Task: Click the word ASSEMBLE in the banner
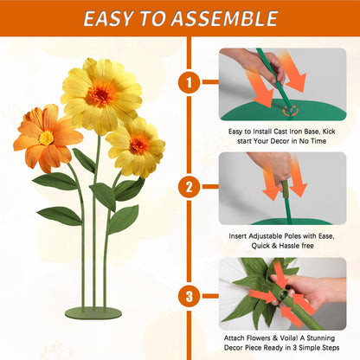pos(224,19)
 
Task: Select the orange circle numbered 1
pos(190,82)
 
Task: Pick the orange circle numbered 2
pos(190,187)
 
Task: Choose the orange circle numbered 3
pos(190,296)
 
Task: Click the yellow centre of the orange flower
pos(46,138)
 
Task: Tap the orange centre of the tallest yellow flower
pos(101,94)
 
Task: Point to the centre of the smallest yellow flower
pos(139,145)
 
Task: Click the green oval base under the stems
pos(93,313)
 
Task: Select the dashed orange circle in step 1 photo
pos(290,110)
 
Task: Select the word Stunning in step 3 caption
pos(321,338)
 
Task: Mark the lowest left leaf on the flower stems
pos(60,215)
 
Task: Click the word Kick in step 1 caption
pos(329,132)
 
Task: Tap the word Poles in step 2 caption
pos(292,236)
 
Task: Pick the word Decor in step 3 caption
pos(234,348)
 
